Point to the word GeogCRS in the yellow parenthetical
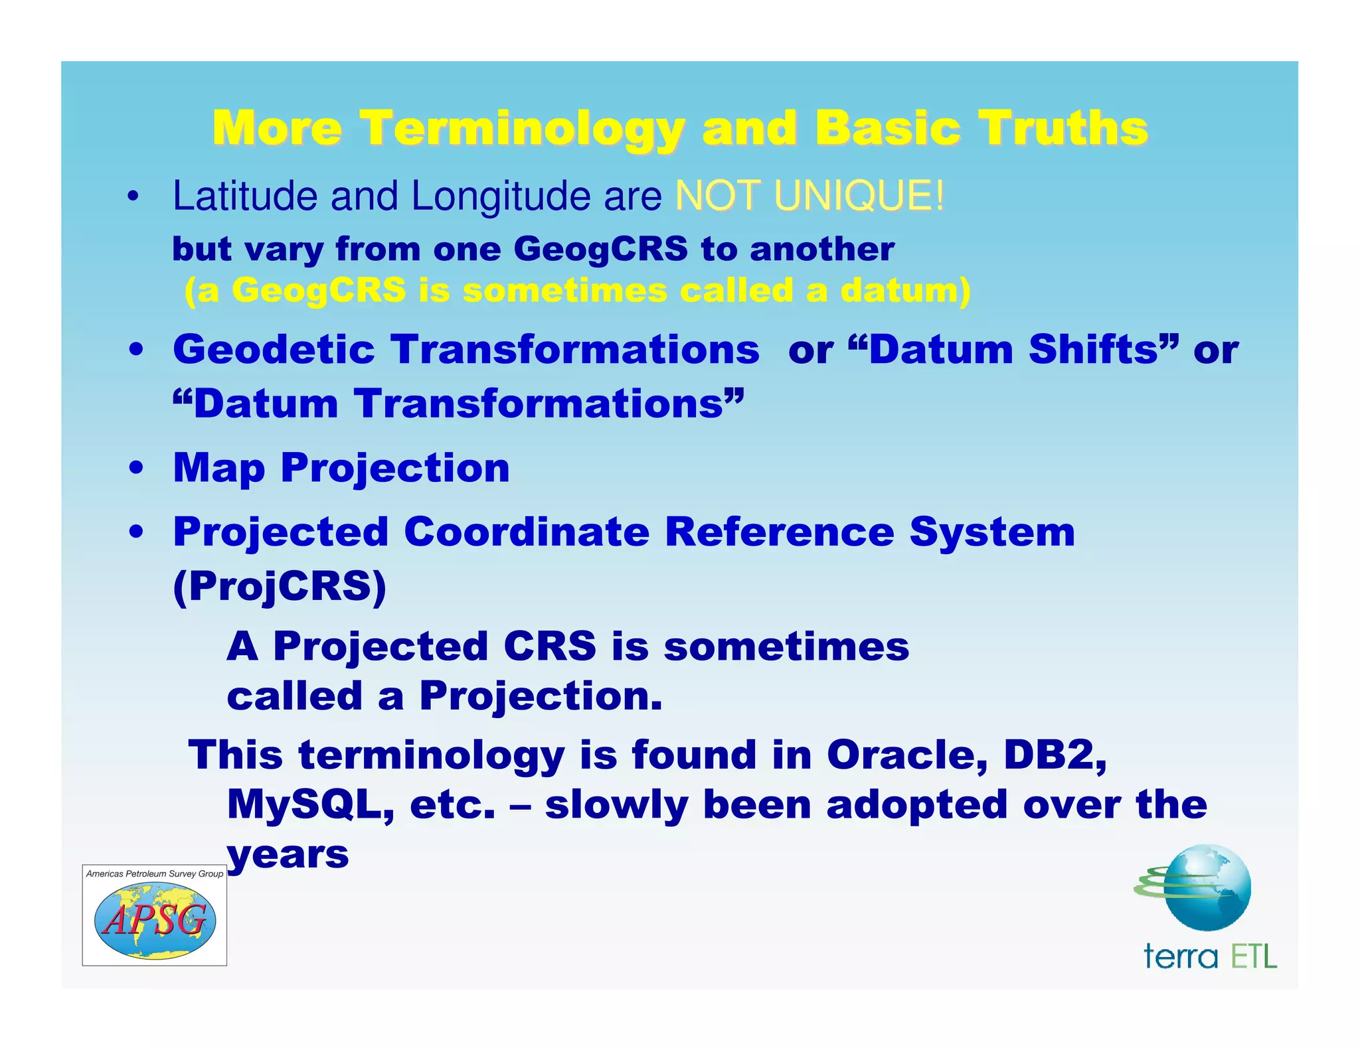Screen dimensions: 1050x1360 (319, 291)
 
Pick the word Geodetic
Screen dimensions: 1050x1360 (274, 350)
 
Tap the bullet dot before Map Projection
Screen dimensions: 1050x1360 (136, 469)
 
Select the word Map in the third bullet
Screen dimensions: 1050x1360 (218, 469)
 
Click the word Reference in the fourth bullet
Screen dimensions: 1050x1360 (780, 532)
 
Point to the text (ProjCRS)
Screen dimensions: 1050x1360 (280, 587)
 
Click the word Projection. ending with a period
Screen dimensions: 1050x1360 (541, 696)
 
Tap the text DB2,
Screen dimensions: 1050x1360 (1055, 755)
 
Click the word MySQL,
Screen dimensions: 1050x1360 (311, 805)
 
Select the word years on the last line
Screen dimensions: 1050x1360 (288, 855)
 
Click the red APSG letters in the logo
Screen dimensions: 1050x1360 (155, 921)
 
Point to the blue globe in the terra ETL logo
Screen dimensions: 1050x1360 (1208, 887)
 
